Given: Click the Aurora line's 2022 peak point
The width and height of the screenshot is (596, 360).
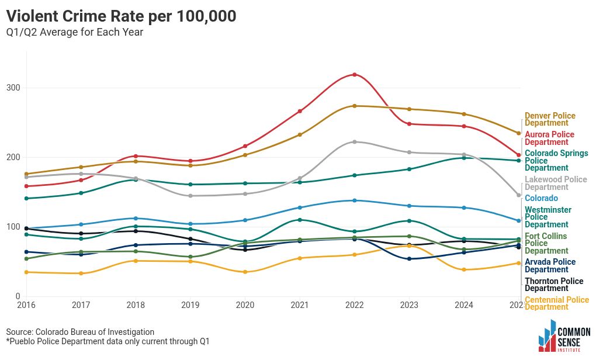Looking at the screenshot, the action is (x=354, y=74).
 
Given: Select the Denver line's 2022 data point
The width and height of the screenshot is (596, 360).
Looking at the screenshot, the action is (x=354, y=106).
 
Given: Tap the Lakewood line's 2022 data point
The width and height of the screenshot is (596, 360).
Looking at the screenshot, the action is (x=354, y=142).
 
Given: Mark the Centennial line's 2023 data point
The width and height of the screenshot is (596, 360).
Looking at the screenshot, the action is (x=409, y=245).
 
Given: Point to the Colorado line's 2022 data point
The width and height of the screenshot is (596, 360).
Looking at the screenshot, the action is (x=354, y=200).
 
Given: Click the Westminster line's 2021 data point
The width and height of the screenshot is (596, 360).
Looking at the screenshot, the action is (x=300, y=220).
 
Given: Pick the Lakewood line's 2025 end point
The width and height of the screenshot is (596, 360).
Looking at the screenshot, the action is (x=518, y=195).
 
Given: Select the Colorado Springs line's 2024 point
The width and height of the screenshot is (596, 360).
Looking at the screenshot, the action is (x=464, y=158).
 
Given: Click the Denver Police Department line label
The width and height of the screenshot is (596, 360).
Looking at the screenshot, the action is (x=550, y=119).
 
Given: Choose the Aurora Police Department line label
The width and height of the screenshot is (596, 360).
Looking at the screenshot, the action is (x=550, y=138).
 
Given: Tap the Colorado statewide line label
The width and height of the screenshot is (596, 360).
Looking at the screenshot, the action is (x=541, y=198).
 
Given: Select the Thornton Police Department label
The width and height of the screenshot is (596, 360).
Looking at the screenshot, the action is (x=554, y=285).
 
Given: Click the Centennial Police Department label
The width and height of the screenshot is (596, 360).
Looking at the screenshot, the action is (x=557, y=303).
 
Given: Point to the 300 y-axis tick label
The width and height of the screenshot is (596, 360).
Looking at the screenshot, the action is (x=13, y=88).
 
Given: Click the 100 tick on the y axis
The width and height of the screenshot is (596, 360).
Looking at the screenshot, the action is (x=13, y=227).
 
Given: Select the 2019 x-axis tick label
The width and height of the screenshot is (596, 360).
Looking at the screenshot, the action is (x=190, y=305).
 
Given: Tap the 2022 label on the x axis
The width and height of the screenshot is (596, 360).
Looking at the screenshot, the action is (x=354, y=305).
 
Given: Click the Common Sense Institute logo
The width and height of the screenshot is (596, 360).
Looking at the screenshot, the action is (x=564, y=336).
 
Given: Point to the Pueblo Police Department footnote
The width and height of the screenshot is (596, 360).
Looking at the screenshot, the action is (x=108, y=341).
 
